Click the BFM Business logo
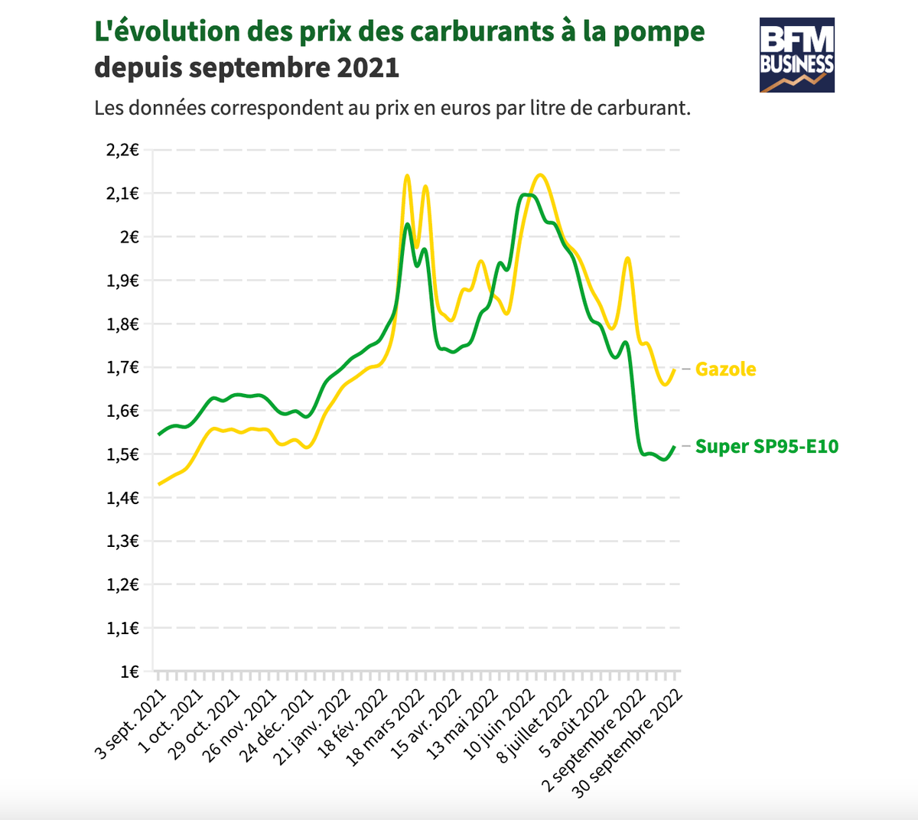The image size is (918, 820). tap(796, 55)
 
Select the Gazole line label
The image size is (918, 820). tap(725, 369)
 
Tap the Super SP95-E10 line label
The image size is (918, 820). tap(767, 447)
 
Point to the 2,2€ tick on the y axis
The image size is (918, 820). tap(122, 150)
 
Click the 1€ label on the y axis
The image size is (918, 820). tap(129, 672)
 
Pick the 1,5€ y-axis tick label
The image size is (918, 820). tap(122, 454)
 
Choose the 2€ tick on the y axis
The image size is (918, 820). tap(129, 237)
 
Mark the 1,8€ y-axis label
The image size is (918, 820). tap(122, 324)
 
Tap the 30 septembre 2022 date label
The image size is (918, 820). tap(630, 743)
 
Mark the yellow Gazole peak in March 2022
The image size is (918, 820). tap(407, 176)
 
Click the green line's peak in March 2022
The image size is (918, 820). tap(407, 224)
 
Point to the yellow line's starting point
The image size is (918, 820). tap(158, 484)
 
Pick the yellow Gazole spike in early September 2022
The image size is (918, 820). tap(627, 259)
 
